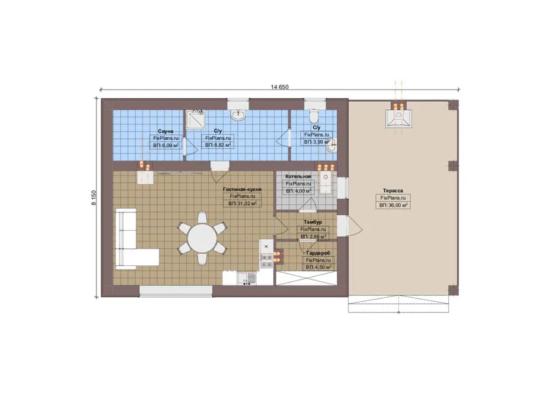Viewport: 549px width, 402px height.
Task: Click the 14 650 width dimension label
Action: (x=279, y=87)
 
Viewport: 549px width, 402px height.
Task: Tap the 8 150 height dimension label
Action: (x=93, y=198)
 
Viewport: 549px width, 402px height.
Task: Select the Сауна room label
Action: (x=165, y=131)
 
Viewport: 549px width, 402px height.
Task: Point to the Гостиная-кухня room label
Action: (x=242, y=190)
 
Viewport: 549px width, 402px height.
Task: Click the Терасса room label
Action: (x=393, y=190)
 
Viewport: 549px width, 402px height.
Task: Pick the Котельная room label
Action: (x=298, y=176)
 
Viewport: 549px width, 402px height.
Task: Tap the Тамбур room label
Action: (x=313, y=222)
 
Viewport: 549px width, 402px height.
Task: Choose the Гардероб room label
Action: (x=318, y=253)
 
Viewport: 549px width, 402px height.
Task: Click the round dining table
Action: (x=203, y=238)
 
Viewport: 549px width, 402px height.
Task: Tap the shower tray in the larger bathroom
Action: (x=195, y=120)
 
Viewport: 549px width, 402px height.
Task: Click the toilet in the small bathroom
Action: (x=314, y=115)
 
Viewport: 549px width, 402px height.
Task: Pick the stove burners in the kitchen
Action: (x=266, y=261)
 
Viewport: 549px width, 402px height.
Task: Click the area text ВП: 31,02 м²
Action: (x=242, y=204)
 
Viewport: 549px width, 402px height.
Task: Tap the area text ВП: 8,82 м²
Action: (x=218, y=145)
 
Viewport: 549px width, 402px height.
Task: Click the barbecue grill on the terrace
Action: (x=398, y=118)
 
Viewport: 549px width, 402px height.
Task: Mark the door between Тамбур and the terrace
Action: (x=350, y=225)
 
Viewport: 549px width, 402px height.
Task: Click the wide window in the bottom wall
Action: (x=176, y=292)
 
